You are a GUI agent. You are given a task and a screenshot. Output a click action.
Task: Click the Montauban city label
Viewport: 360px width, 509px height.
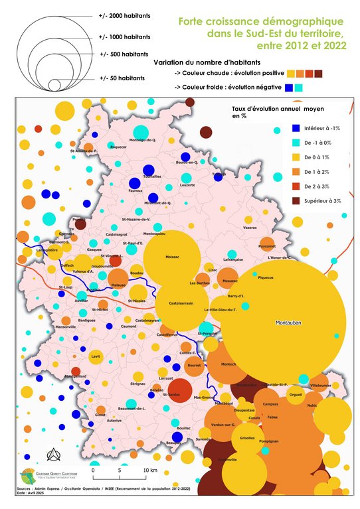288,323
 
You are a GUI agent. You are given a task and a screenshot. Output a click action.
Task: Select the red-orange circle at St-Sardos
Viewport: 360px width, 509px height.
177,390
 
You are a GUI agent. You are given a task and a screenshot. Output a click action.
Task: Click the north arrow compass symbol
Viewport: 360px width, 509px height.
51,455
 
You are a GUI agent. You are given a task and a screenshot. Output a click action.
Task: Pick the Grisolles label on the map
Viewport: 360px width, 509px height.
247,438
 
